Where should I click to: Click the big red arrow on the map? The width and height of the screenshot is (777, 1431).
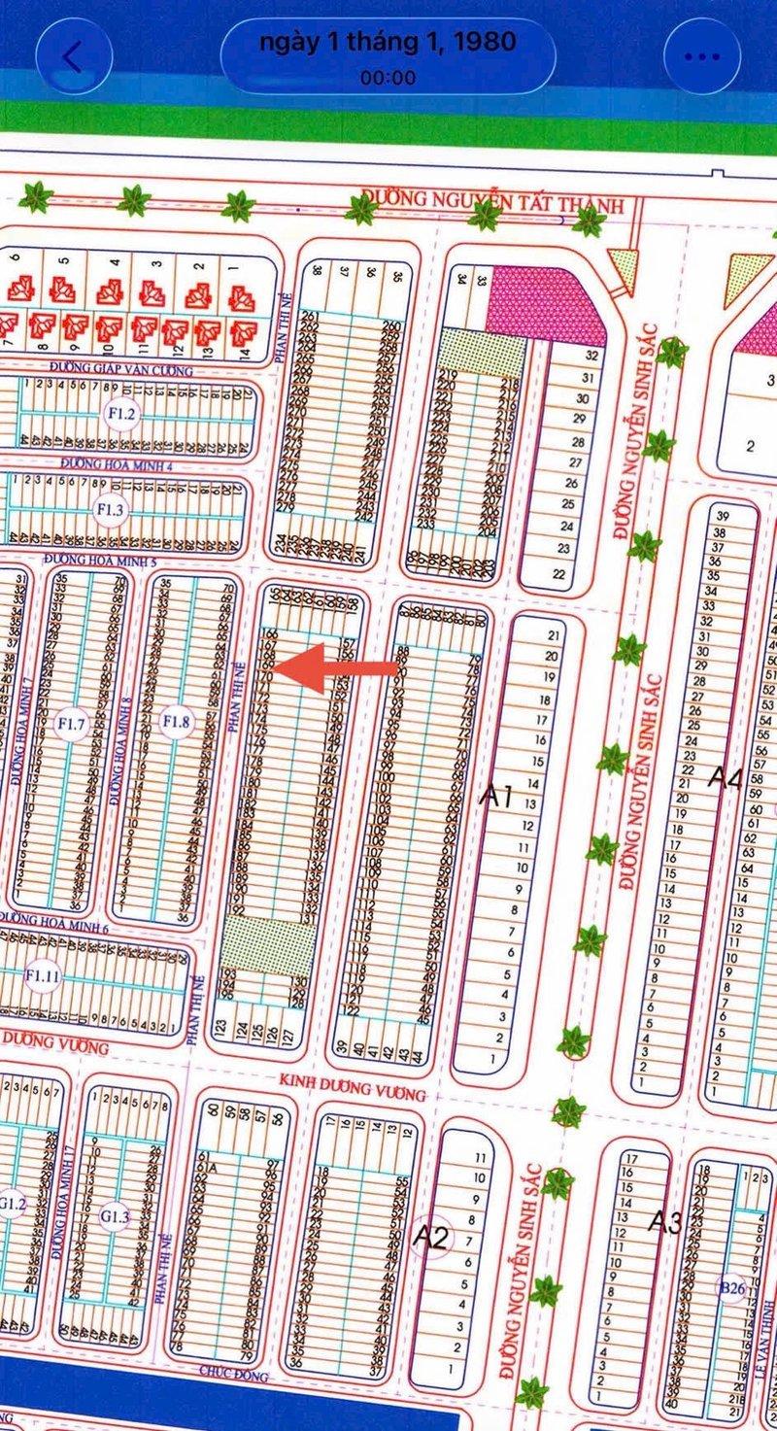tap(335, 668)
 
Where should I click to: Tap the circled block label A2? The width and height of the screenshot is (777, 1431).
tap(430, 1236)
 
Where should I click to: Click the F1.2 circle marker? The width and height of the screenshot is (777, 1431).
tap(122, 417)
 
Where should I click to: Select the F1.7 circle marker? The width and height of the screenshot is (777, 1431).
tap(73, 723)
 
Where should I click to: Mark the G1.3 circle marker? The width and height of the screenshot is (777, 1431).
tap(115, 1215)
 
